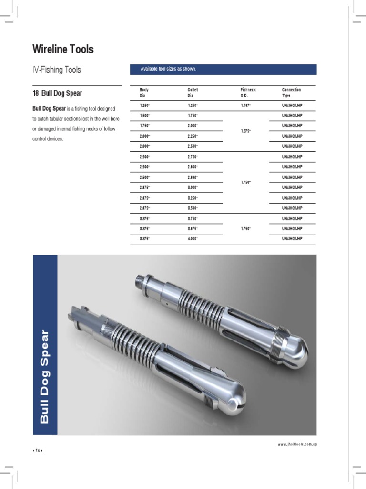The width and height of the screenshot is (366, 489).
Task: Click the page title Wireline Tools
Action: click(x=63, y=49)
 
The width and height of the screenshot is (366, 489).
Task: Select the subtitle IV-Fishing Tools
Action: click(x=56, y=70)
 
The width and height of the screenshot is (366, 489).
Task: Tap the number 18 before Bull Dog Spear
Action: click(x=35, y=93)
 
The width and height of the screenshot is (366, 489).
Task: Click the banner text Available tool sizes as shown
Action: click(x=168, y=70)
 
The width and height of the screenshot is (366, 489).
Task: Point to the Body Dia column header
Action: click(x=144, y=92)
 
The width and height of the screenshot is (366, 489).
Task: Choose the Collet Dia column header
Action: click(x=193, y=92)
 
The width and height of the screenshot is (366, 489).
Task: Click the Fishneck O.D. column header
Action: click(x=248, y=92)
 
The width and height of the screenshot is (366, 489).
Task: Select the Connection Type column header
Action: click(x=291, y=92)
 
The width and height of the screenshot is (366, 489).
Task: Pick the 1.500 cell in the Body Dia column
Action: click(x=145, y=116)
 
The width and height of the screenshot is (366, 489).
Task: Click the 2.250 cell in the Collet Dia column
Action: click(x=193, y=136)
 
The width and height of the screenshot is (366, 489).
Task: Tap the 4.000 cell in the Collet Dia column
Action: click(x=193, y=239)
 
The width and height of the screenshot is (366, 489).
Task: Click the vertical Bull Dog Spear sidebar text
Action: click(x=45, y=375)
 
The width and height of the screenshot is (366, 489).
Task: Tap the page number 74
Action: click(x=36, y=450)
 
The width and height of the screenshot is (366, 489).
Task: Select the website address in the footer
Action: click(x=297, y=444)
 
